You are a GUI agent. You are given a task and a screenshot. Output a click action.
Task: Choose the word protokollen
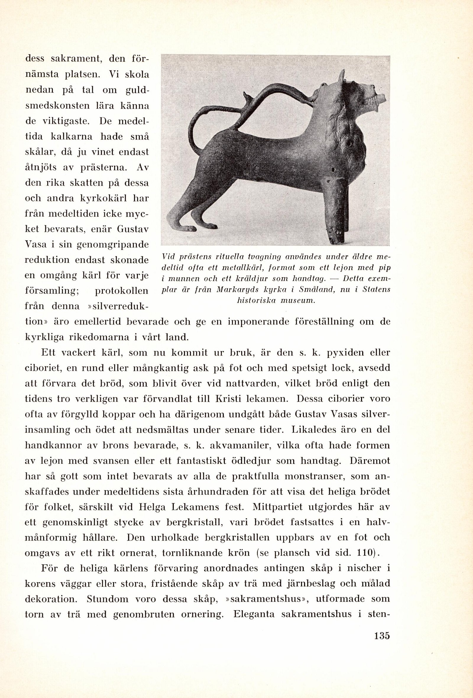(122, 291)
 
